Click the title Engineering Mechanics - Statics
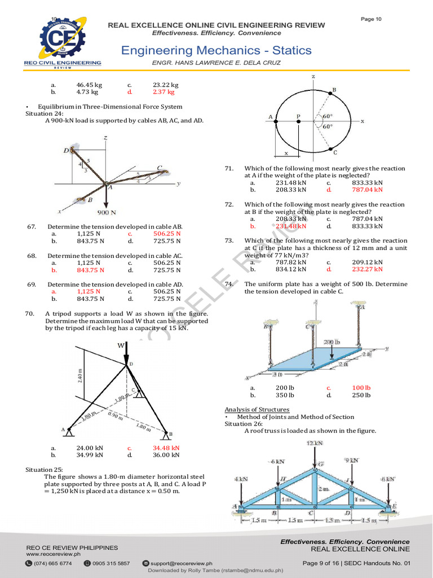click(216, 50)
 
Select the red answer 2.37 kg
click(164, 91)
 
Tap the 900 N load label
click(107, 213)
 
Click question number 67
click(32, 226)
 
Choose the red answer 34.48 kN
click(166, 448)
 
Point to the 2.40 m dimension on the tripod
click(80, 375)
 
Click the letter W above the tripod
click(121, 345)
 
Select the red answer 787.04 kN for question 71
click(367, 190)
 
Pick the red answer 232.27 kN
click(367, 269)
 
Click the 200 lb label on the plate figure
click(332, 342)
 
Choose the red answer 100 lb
click(361, 388)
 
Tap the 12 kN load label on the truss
click(315, 444)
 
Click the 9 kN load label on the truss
click(351, 460)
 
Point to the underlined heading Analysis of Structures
click(257, 409)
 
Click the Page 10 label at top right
click(371, 19)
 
